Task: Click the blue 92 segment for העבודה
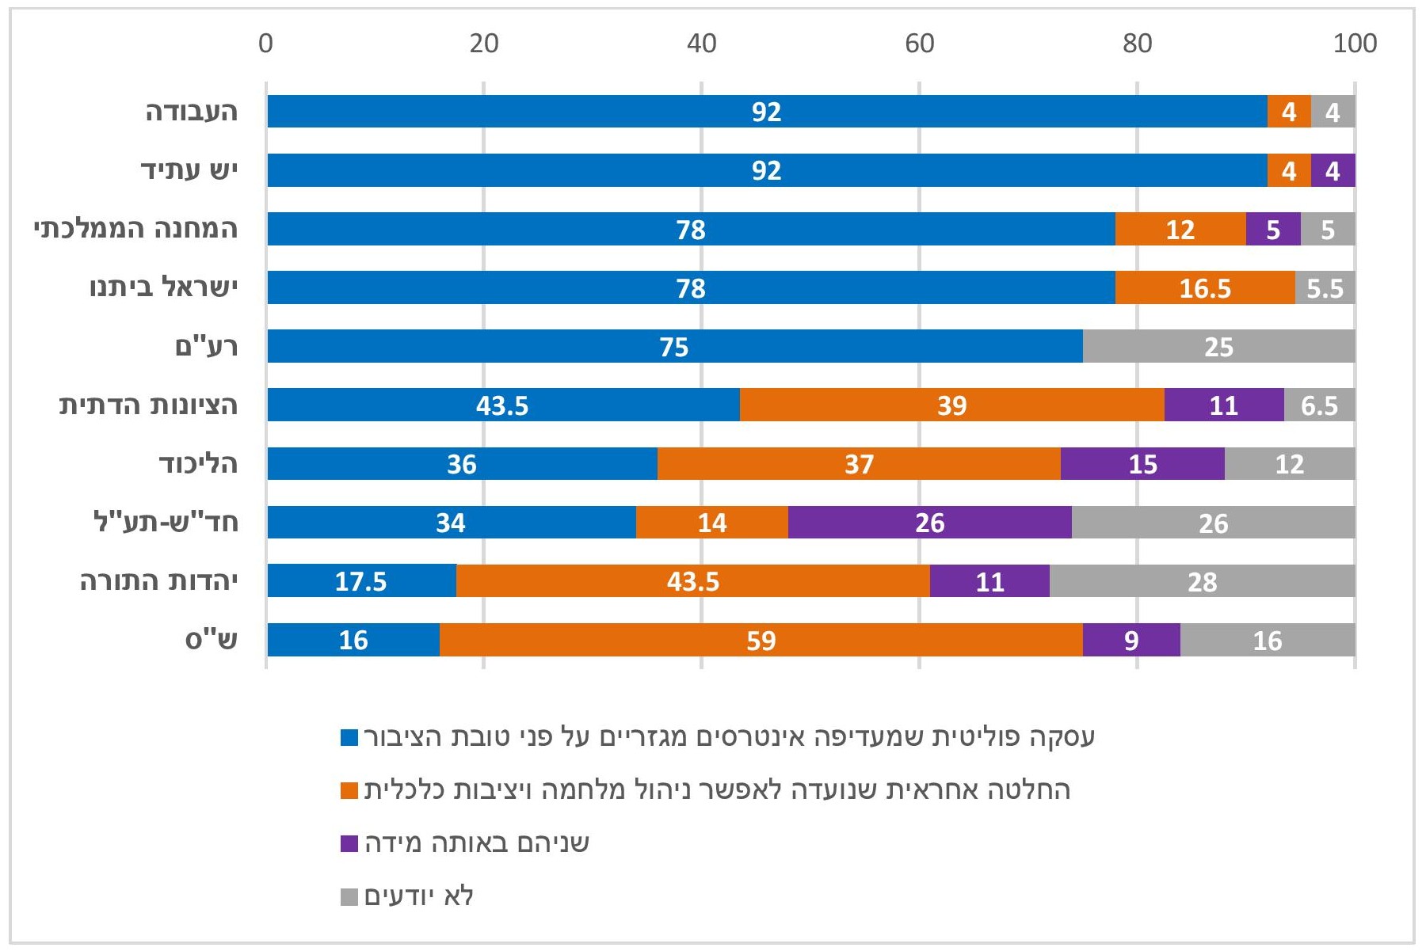(x=767, y=112)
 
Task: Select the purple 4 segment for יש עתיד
(x=1333, y=170)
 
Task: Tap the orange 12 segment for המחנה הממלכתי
(x=1180, y=229)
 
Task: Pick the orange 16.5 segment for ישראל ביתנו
(x=1205, y=287)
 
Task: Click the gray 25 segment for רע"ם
(x=1218, y=346)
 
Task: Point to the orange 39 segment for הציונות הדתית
(x=951, y=405)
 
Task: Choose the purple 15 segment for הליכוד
(x=1142, y=463)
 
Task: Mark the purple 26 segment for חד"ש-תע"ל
(x=929, y=523)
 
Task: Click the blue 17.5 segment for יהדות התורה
(x=361, y=581)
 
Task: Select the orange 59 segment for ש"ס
(x=761, y=640)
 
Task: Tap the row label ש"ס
(x=212, y=640)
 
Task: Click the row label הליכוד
(x=198, y=463)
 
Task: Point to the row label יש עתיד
(x=189, y=170)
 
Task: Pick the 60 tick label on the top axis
(x=919, y=44)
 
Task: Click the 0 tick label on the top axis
(x=265, y=44)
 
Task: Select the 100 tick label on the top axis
(x=1355, y=44)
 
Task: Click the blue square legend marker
(x=349, y=738)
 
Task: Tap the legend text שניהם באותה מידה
(x=477, y=843)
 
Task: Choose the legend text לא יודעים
(x=419, y=896)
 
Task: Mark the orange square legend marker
(x=349, y=790)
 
